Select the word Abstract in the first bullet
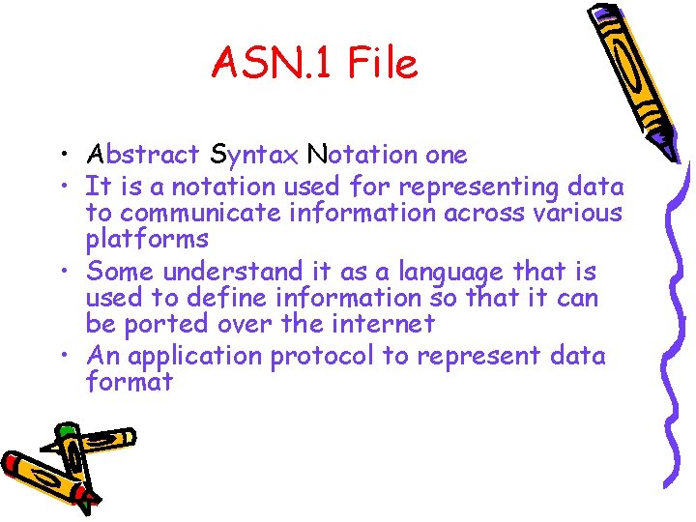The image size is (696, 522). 143,155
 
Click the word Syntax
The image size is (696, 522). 253,155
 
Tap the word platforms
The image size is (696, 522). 147,239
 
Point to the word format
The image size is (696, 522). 130,382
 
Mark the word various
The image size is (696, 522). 582,212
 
